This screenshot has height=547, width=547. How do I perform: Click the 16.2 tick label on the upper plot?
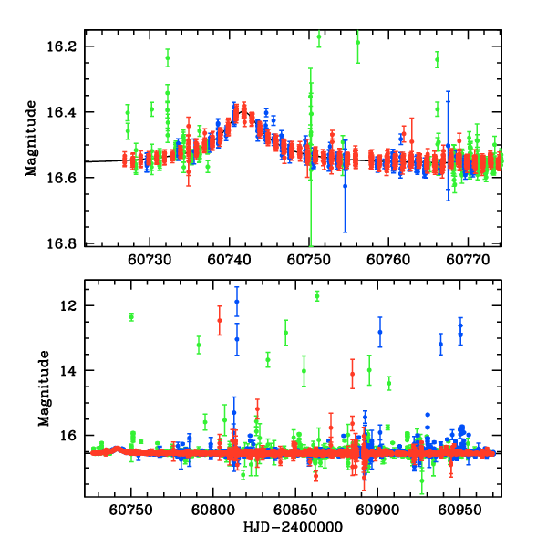coord(67,46)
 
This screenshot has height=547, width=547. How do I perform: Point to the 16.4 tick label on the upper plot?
coord(67,112)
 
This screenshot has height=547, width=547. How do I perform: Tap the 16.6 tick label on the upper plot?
coord(67,178)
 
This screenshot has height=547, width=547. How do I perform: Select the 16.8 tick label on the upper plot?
coord(67,243)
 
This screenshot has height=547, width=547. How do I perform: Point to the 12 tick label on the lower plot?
coord(73,305)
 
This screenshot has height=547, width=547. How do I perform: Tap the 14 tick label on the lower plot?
coord(73,370)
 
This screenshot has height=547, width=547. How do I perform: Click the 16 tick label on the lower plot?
coord(73,435)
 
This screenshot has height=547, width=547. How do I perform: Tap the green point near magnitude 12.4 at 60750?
coord(131,317)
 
